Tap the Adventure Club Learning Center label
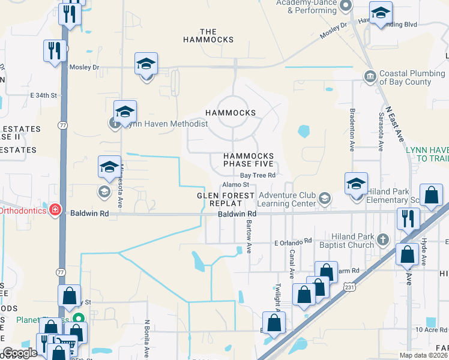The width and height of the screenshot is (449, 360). click(287, 200)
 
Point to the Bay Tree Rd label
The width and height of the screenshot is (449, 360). click(258, 175)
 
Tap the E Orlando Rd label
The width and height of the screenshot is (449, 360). click(293, 241)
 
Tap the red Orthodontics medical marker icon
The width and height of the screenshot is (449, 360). click(55, 209)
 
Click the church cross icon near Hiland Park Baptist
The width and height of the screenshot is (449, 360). click(382, 241)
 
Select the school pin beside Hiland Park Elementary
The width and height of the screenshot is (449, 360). click(356, 183)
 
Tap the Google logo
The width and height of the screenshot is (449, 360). click(20, 353)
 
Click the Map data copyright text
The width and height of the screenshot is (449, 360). click(422, 355)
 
